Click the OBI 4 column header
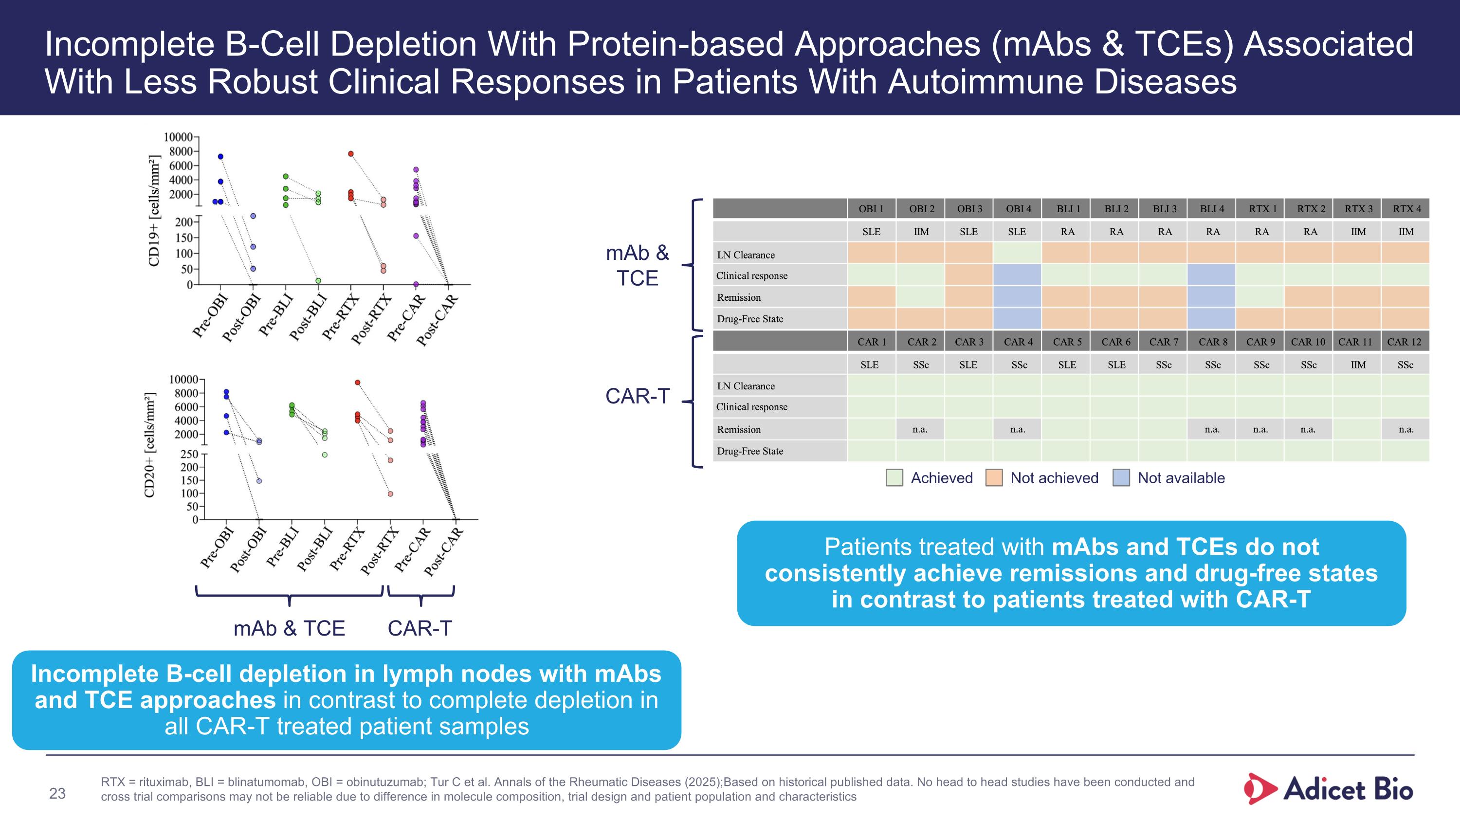(1018, 208)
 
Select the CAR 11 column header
(1355, 342)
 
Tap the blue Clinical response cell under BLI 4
(1211, 275)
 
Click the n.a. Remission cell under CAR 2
(920, 429)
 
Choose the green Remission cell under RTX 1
(1260, 296)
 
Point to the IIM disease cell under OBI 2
(921, 231)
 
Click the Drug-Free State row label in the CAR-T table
(750, 451)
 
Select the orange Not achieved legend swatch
(994, 477)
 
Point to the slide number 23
(57, 793)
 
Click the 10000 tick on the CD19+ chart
(178, 137)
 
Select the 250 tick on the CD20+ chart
(189, 454)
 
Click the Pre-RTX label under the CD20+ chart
(347, 548)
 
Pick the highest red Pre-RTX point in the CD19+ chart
(351, 154)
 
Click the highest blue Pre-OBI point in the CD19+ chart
(220, 156)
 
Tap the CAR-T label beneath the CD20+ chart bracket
(420, 628)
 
